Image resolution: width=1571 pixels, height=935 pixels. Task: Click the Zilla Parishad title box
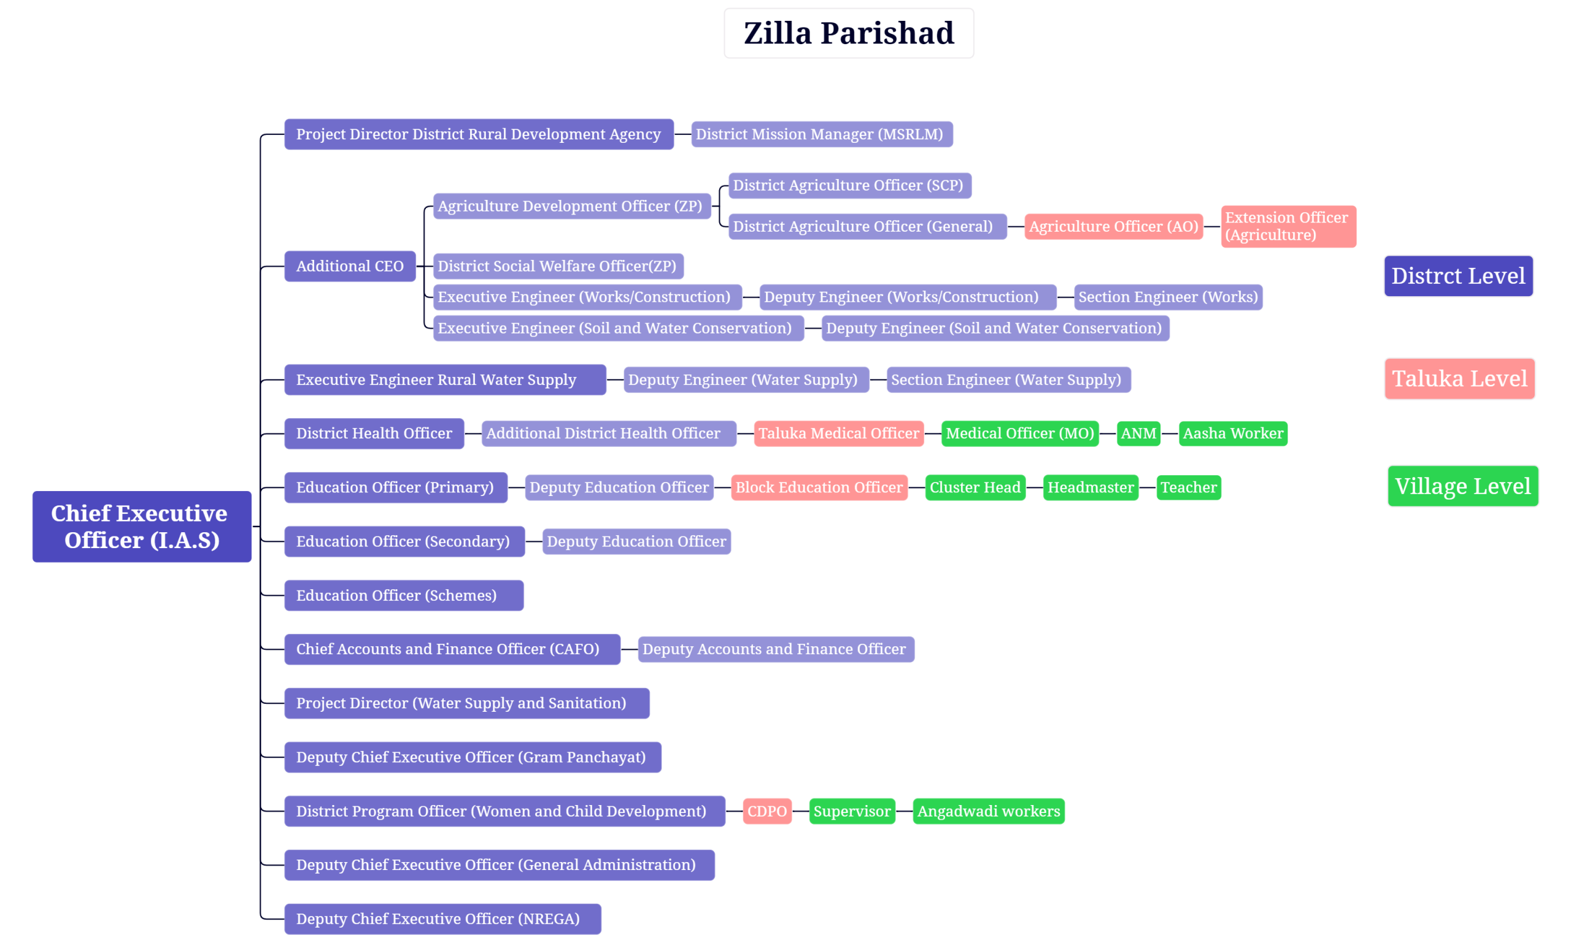[x=849, y=33]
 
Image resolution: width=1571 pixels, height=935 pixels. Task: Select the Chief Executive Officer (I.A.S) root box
[x=142, y=527]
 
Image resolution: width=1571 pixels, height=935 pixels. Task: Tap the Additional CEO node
[x=350, y=267]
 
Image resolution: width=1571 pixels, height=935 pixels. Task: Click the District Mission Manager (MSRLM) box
[x=822, y=134]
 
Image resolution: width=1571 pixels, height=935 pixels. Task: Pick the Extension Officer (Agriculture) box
[x=1288, y=226]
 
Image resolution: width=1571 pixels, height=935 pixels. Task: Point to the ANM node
[x=1138, y=433]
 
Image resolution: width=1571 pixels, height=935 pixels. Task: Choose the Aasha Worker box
[x=1232, y=433]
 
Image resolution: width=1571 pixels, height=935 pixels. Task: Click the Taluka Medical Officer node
[x=838, y=433]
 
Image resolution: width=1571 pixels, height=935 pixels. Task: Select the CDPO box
[x=766, y=811]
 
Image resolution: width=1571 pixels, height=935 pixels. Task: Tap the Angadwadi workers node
[x=988, y=811]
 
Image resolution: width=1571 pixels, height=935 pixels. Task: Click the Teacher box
[x=1188, y=487]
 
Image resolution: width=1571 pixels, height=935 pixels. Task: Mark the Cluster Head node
[x=975, y=487]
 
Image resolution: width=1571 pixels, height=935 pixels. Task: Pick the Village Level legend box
[x=1462, y=486]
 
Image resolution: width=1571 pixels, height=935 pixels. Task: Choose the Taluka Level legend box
[x=1459, y=379]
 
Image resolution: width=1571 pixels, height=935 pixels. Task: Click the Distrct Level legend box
[x=1458, y=276]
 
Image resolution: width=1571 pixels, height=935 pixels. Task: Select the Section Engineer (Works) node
[x=1168, y=297]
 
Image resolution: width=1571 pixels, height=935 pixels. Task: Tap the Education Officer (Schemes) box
[x=403, y=595]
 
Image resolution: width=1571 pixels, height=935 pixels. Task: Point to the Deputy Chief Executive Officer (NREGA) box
[x=442, y=918]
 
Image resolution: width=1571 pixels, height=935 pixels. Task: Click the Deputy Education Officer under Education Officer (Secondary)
[x=636, y=541]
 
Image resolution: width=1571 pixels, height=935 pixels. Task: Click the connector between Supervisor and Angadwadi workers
[x=904, y=811]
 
